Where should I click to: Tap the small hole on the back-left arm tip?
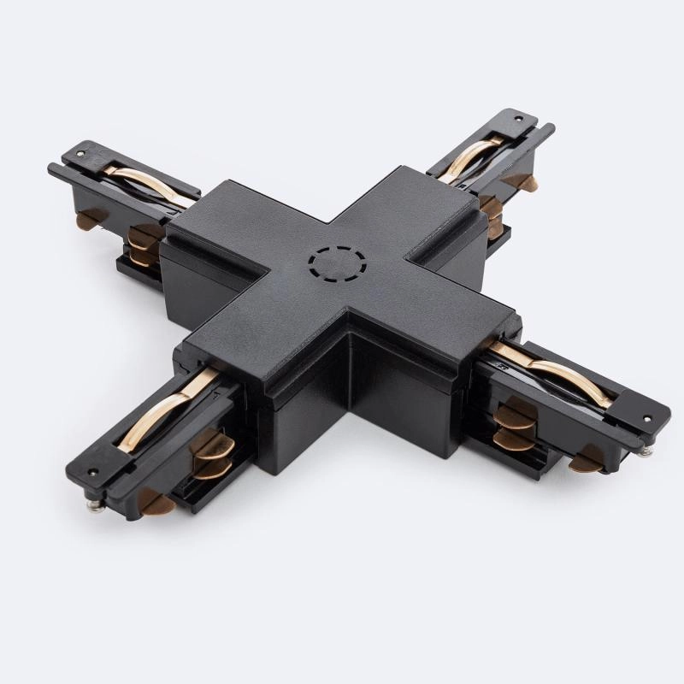tap(80, 154)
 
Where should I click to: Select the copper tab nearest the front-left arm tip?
tap(151, 501)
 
